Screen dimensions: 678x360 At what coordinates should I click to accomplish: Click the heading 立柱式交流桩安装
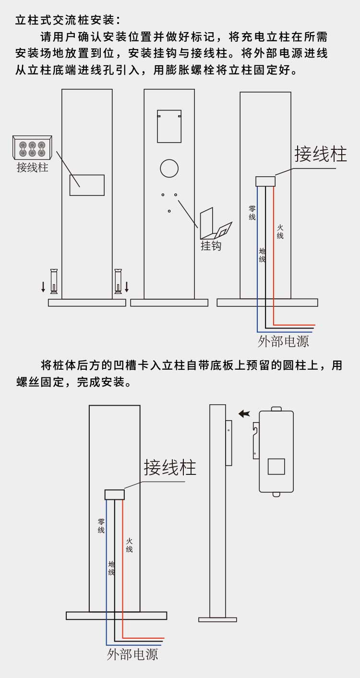coord(64,21)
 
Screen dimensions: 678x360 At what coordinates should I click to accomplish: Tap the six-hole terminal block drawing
coord(32,147)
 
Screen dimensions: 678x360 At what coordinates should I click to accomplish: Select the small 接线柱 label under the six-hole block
coord(32,168)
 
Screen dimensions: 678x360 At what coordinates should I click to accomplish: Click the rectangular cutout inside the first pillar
coord(87,185)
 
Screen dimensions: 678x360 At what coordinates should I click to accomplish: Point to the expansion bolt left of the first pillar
coord(54,281)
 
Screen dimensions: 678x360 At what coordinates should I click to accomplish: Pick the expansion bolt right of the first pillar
coord(118,281)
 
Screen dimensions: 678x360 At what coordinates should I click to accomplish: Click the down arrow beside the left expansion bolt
coord(43,287)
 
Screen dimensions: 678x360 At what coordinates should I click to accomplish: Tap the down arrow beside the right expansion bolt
coord(127,287)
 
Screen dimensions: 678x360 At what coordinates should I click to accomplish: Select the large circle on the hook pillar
coord(169,168)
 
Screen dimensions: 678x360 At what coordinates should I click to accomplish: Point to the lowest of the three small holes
coord(169,211)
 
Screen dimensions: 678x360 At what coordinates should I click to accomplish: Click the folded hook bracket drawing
coord(215,225)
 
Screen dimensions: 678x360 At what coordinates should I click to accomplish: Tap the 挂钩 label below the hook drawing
coord(211,246)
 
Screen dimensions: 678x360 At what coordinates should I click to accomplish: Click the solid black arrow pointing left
coord(244,413)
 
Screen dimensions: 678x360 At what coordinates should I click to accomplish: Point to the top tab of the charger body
coord(276,409)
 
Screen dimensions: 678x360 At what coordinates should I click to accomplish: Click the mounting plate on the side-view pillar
coord(229,442)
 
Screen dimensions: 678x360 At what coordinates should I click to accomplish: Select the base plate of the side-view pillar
coord(217,619)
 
